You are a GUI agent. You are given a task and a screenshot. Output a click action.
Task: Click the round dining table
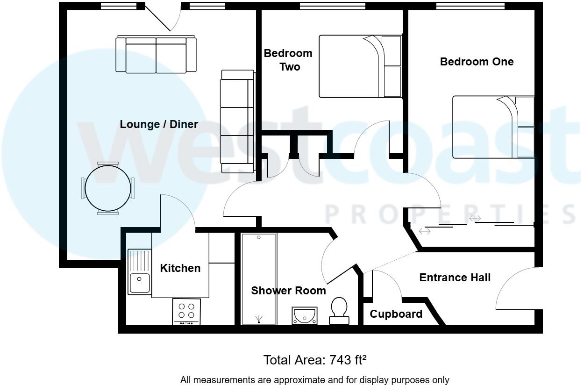tap(107, 188)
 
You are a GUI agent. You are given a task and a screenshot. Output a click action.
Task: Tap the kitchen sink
tap(140, 272)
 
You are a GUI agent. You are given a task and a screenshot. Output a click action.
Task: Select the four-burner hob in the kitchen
tap(187, 311)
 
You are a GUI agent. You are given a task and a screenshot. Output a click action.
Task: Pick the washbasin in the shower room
tap(304, 315)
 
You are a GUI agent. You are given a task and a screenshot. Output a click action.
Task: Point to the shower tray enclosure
tap(258, 279)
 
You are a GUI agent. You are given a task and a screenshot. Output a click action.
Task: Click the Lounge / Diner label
tap(159, 124)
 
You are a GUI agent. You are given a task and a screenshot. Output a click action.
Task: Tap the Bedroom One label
tap(477, 62)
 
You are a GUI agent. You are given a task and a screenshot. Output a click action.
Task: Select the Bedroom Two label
tap(288, 60)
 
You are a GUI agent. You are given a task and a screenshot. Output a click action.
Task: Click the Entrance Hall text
tap(455, 278)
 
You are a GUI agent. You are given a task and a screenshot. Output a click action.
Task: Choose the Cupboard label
tap(396, 314)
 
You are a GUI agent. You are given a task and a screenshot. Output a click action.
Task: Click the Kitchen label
tap(180, 268)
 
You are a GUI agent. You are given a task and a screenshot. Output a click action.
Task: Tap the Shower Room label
tap(288, 291)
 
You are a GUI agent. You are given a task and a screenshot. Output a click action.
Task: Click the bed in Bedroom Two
tap(360, 66)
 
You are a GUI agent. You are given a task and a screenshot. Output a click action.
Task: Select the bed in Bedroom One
tap(493, 127)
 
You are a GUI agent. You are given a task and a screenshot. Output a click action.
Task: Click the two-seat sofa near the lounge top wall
tap(156, 55)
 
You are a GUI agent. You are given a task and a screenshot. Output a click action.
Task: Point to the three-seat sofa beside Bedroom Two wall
tap(237, 121)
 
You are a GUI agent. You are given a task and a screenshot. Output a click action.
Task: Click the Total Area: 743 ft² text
tap(315, 360)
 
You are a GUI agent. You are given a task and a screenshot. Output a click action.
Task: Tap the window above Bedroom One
tap(470, 6)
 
